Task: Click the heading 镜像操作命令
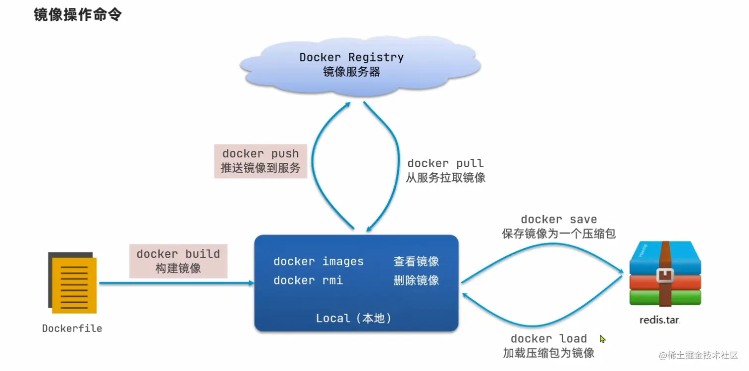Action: pyautogui.click(x=77, y=15)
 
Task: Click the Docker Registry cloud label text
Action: pyautogui.click(x=351, y=57)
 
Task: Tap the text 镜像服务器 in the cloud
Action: pyautogui.click(x=351, y=72)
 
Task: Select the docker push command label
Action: pyautogui.click(x=261, y=153)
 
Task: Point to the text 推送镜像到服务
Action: pyautogui.click(x=261, y=168)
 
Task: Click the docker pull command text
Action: pyautogui.click(x=445, y=163)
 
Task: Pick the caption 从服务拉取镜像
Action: pyautogui.click(x=445, y=178)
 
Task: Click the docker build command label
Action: pyautogui.click(x=178, y=254)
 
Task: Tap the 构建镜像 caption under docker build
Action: pyautogui.click(x=178, y=269)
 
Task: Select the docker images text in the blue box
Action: pyautogui.click(x=319, y=261)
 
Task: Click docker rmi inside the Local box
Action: pyautogui.click(x=308, y=280)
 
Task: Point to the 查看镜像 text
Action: pyautogui.click(x=416, y=261)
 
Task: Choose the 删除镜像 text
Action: pyautogui.click(x=416, y=280)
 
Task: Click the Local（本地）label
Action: pyautogui.click(x=354, y=318)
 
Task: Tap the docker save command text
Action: pyautogui.click(x=559, y=219)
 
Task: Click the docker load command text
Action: pyautogui.click(x=548, y=339)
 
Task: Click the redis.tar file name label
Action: pyautogui.click(x=659, y=320)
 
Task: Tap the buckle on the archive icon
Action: pyautogui.click(x=664, y=275)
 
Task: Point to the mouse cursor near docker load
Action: pyautogui.click(x=602, y=339)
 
